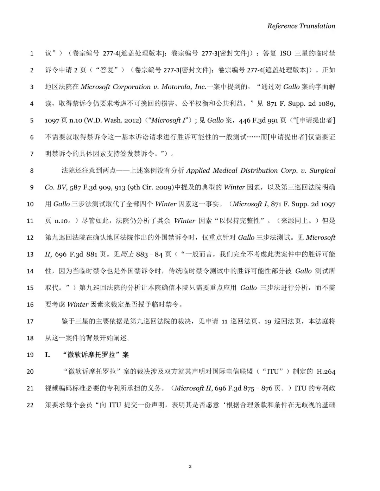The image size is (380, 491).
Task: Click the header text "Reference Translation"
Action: (301, 26)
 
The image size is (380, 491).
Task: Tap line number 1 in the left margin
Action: (32, 53)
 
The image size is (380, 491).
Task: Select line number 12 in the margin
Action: (30, 238)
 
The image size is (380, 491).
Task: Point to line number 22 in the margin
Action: (30, 405)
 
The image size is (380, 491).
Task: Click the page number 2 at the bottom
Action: (190, 466)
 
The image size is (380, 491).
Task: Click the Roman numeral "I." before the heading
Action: (47, 355)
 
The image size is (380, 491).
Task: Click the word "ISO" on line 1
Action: (285, 53)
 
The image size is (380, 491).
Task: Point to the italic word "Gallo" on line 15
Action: (248, 288)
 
